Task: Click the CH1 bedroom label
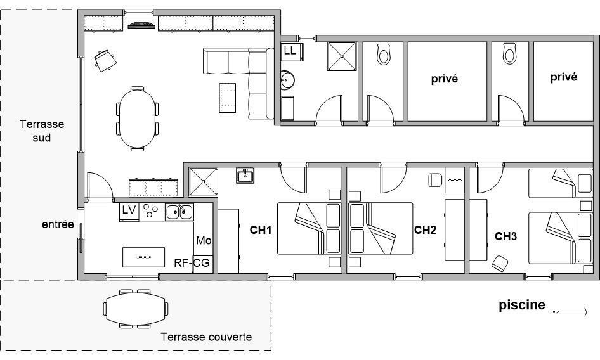pos(261,230)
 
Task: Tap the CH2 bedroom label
pos(425,230)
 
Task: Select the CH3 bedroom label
pos(505,236)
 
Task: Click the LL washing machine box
pos(292,52)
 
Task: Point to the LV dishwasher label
pos(129,210)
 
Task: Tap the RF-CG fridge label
pos(192,263)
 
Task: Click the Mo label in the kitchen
pos(204,241)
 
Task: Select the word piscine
pos(522,305)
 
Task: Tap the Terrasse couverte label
pos(206,337)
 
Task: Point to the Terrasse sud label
pos(42,131)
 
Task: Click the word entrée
pos(58,224)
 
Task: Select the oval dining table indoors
pos(137,119)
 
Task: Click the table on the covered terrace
pos(136,309)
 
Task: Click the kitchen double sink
pos(179,212)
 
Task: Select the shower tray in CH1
pos(204,182)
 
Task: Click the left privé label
pos(444,79)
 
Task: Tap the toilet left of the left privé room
pos(384,55)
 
